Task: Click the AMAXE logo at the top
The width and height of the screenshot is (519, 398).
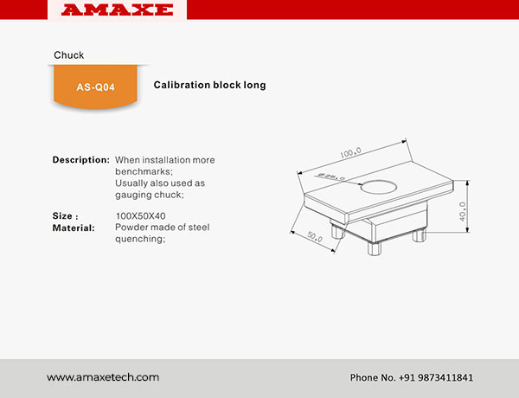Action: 117,10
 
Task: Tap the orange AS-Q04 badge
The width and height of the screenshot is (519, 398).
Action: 95,87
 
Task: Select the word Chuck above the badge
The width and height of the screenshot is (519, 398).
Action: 69,55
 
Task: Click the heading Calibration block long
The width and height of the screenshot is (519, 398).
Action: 209,85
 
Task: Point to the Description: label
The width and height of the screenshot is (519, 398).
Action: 81,160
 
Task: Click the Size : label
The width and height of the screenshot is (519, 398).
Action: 66,216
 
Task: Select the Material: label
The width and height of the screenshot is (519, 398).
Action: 74,228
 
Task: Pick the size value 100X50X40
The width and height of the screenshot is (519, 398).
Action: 140,216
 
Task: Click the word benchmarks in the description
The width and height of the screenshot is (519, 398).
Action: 143,171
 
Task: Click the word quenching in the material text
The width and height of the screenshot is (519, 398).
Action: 139,239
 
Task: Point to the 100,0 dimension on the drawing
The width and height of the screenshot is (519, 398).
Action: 350,153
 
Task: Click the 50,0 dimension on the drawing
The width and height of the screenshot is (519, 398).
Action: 315,236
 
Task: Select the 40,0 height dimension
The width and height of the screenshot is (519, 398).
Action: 463,212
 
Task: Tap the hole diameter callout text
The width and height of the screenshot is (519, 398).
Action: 331,177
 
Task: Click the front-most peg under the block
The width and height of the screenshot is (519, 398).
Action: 375,248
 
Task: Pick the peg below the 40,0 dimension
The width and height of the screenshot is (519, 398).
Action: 419,235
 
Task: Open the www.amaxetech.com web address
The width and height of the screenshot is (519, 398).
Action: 103,377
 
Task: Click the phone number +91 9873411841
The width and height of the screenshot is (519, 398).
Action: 435,377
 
